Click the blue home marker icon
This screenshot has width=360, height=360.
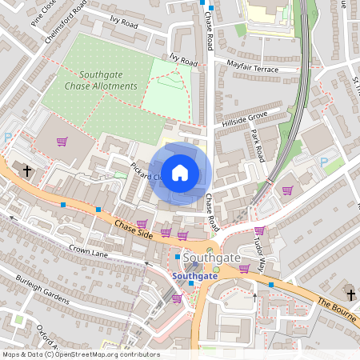pos(180,172)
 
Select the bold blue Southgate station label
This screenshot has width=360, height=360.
pos(194,276)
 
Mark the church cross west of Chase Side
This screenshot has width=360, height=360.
pos(26,171)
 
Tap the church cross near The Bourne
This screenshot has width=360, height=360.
pos(349,293)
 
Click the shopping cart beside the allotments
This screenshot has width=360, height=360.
pos(62,142)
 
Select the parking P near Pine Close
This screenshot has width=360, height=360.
pos(7,137)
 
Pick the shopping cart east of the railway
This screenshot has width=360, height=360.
pos(287,190)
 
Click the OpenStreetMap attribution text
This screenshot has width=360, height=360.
pos(80,354)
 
